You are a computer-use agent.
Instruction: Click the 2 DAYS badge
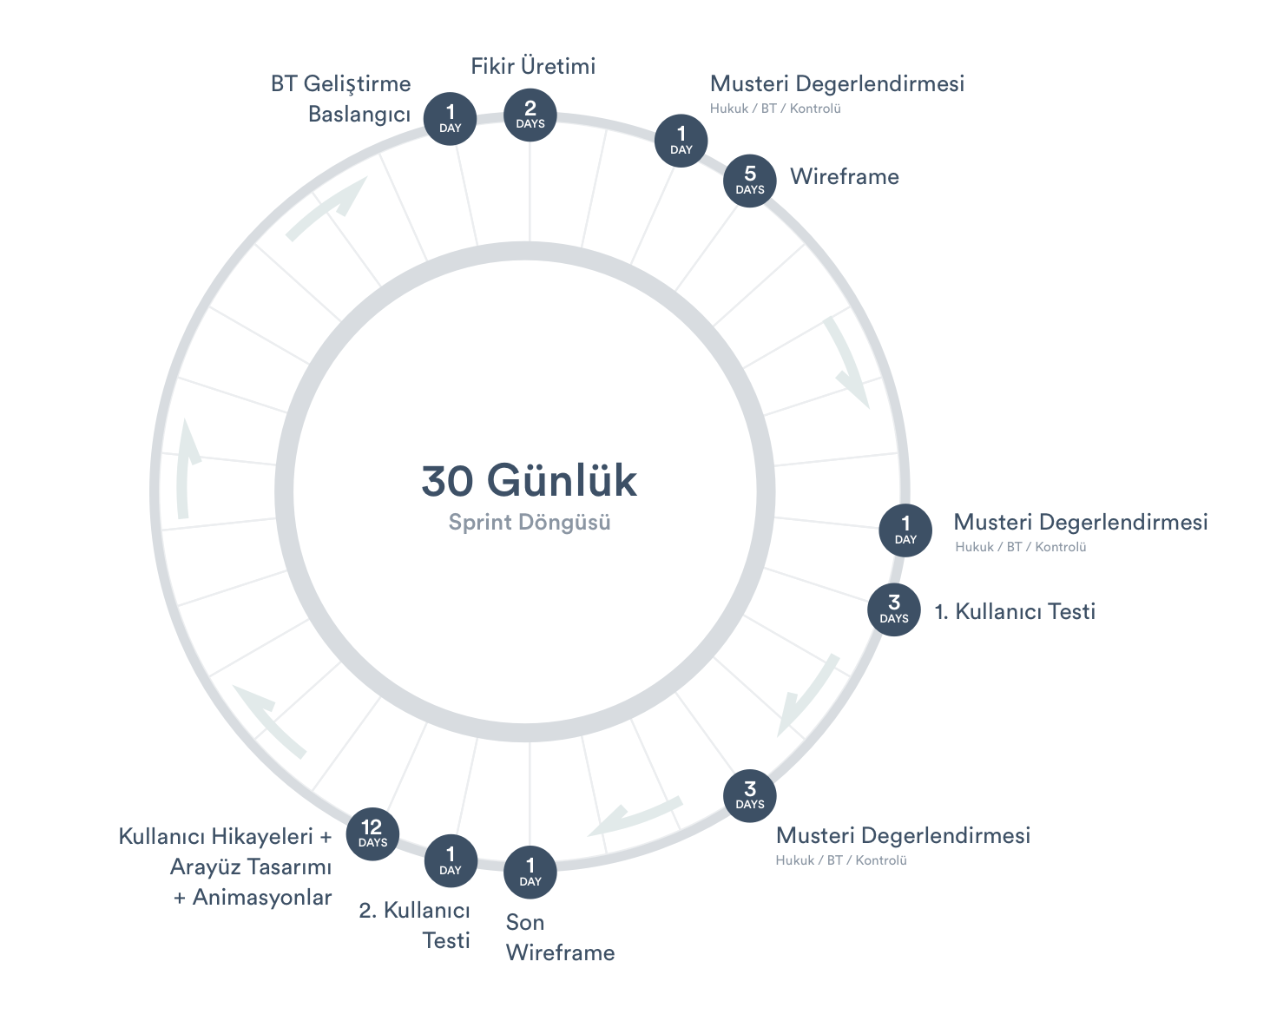[530, 115]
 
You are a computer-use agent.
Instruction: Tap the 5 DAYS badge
[750, 181]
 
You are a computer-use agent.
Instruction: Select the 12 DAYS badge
[372, 833]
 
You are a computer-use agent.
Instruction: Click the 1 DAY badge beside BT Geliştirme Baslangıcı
[450, 119]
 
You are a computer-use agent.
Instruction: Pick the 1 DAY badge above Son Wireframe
[530, 872]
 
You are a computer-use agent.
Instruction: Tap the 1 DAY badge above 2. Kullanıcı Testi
[451, 860]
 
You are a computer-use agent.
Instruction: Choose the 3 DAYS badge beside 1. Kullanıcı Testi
[894, 609]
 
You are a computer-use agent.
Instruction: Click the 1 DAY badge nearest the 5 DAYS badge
[681, 141]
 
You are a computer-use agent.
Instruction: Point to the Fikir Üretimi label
[533, 67]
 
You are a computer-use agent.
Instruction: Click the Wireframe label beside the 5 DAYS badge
[845, 177]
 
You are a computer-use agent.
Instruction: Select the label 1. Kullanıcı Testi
[1015, 612]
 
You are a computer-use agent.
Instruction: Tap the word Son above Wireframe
[525, 923]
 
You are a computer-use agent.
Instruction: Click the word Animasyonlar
[262, 898]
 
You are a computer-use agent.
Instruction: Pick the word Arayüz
[202, 867]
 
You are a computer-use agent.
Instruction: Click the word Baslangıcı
[359, 115]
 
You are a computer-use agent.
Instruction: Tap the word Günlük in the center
[562, 481]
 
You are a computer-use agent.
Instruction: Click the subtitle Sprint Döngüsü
[530, 523]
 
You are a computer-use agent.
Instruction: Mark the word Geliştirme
[357, 84]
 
